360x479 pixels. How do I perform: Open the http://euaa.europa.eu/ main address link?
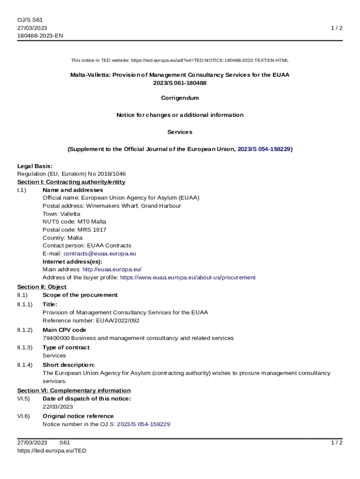(x=112, y=269)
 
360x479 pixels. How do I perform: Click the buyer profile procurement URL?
(x=187, y=277)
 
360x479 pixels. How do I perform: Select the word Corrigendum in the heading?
(x=180, y=98)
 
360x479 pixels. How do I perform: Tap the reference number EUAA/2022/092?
(x=117, y=320)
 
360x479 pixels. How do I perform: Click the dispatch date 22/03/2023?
(x=58, y=406)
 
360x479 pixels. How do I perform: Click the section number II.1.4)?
(x=25, y=365)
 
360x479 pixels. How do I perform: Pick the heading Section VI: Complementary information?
(x=74, y=390)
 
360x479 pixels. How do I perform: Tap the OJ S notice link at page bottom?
(x=143, y=424)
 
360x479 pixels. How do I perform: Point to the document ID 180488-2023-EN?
(x=40, y=36)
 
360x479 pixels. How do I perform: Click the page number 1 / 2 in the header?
(x=337, y=28)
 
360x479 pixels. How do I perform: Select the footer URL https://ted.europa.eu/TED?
(x=51, y=450)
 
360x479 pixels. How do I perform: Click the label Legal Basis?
(x=35, y=166)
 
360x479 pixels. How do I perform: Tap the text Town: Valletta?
(x=61, y=214)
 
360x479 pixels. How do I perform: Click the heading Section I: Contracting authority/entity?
(x=71, y=182)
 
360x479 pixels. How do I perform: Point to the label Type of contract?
(x=65, y=348)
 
